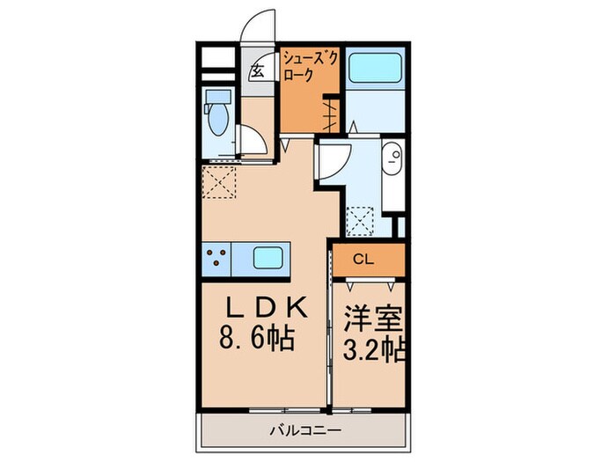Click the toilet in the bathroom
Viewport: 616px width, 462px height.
pyautogui.click(x=216, y=114)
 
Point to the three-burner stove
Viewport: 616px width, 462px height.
pyautogui.click(x=218, y=257)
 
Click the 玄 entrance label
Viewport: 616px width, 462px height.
pyautogui.click(x=259, y=72)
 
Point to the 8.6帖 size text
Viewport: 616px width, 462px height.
pyautogui.click(x=261, y=337)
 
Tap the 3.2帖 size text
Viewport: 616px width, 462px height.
pyautogui.click(x=371, y=349)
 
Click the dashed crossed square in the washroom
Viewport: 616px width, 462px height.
pyautogui.click(x=362, y=219)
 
